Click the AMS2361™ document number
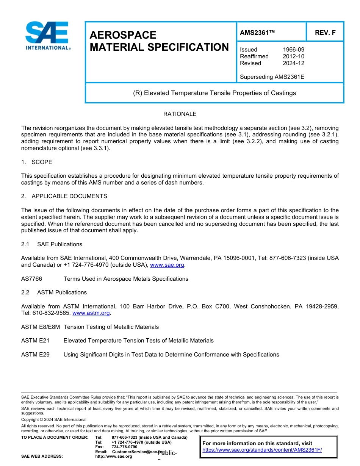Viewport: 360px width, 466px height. (257, 33)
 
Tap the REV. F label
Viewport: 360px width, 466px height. (325, 33)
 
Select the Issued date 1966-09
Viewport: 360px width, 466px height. (293, 50)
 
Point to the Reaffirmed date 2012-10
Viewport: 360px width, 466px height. (293, 56)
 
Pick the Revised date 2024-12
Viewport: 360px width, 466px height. (293, 63)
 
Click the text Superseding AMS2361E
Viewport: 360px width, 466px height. (272, 77)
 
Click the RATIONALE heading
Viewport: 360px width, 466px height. (180, 114)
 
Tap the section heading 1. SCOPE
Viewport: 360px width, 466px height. (37, 162)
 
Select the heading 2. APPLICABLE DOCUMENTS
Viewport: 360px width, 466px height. (64, 196)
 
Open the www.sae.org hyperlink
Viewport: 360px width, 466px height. (167, 265)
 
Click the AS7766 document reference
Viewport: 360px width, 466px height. (31, 279)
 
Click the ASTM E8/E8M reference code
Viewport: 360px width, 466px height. (41, 327)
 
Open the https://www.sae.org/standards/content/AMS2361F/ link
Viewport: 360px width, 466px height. (262, 450)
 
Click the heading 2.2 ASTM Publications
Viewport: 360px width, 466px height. (54, 292)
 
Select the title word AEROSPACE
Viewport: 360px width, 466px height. (123, 35)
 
